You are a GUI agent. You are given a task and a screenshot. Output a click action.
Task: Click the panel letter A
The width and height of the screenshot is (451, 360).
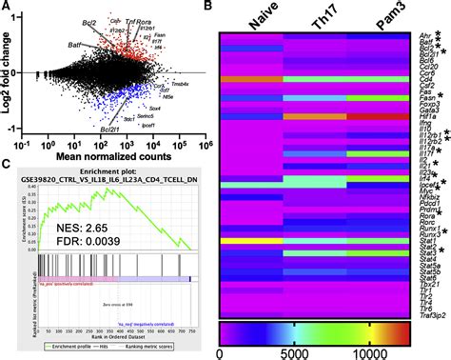8,9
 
